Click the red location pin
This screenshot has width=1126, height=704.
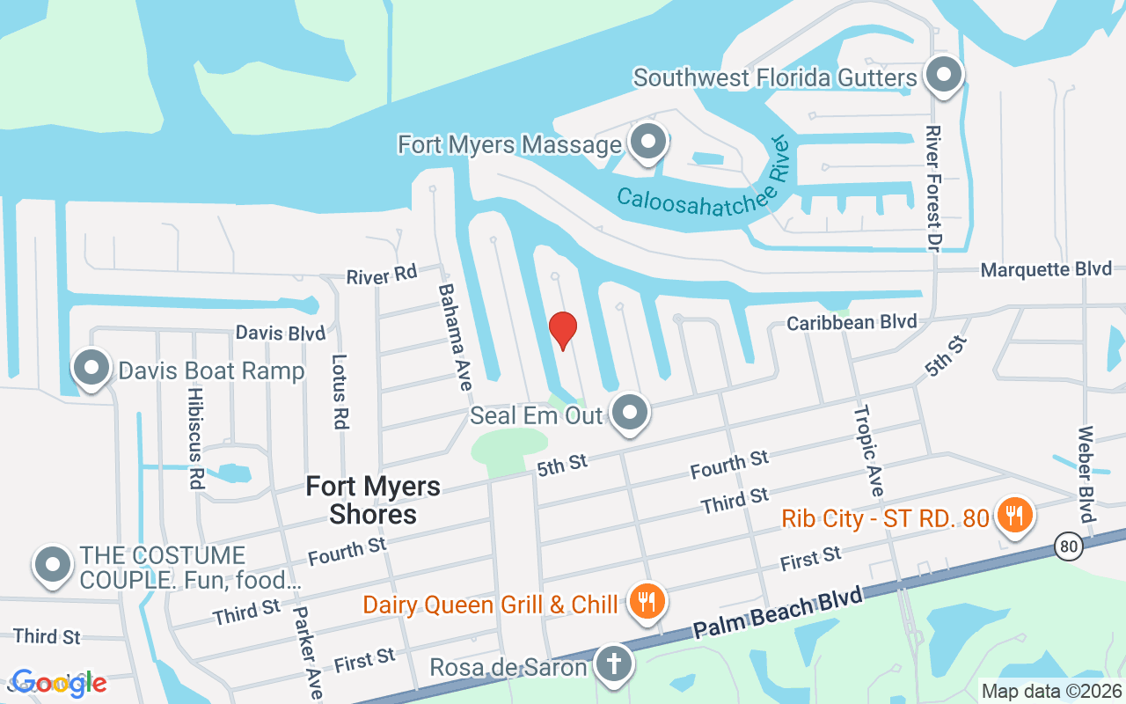pos(563,330)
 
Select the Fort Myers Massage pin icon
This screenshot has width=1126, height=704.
pos(648,142)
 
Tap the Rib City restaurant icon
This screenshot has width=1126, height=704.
pos(1014,515)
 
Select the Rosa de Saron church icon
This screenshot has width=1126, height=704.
pos(613,665)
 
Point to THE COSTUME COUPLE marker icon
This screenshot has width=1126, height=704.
pos(52,565)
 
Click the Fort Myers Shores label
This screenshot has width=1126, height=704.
pos(373,500)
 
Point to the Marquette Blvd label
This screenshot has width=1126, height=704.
pos(1046,269)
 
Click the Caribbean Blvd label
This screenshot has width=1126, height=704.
pos(852,323)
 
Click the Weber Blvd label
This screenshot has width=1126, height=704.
pos(1086,473)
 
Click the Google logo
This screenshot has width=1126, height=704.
pos(59,683)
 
